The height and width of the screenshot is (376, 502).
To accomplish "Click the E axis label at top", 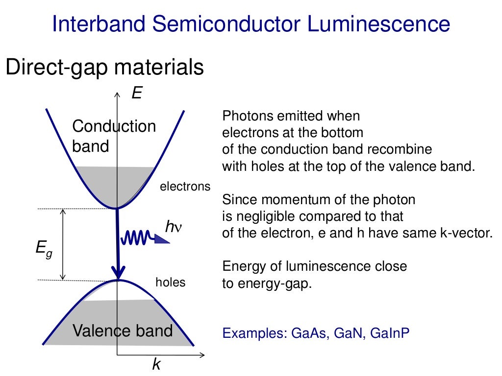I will (x=136, y=93).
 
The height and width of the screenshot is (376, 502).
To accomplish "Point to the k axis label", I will (x=156, y=364).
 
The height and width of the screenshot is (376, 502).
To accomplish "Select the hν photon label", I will (x=174, y=227).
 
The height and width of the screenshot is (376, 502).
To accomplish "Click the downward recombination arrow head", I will (x=118, y=271).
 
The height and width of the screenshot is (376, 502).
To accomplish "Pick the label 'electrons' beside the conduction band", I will (x=185, y=187).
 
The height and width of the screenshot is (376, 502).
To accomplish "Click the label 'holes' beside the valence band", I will (x=170, y=282).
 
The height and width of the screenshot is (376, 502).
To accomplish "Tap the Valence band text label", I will (x=123, y=330).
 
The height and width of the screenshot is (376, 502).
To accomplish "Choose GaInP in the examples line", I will (x=390, y=333).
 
